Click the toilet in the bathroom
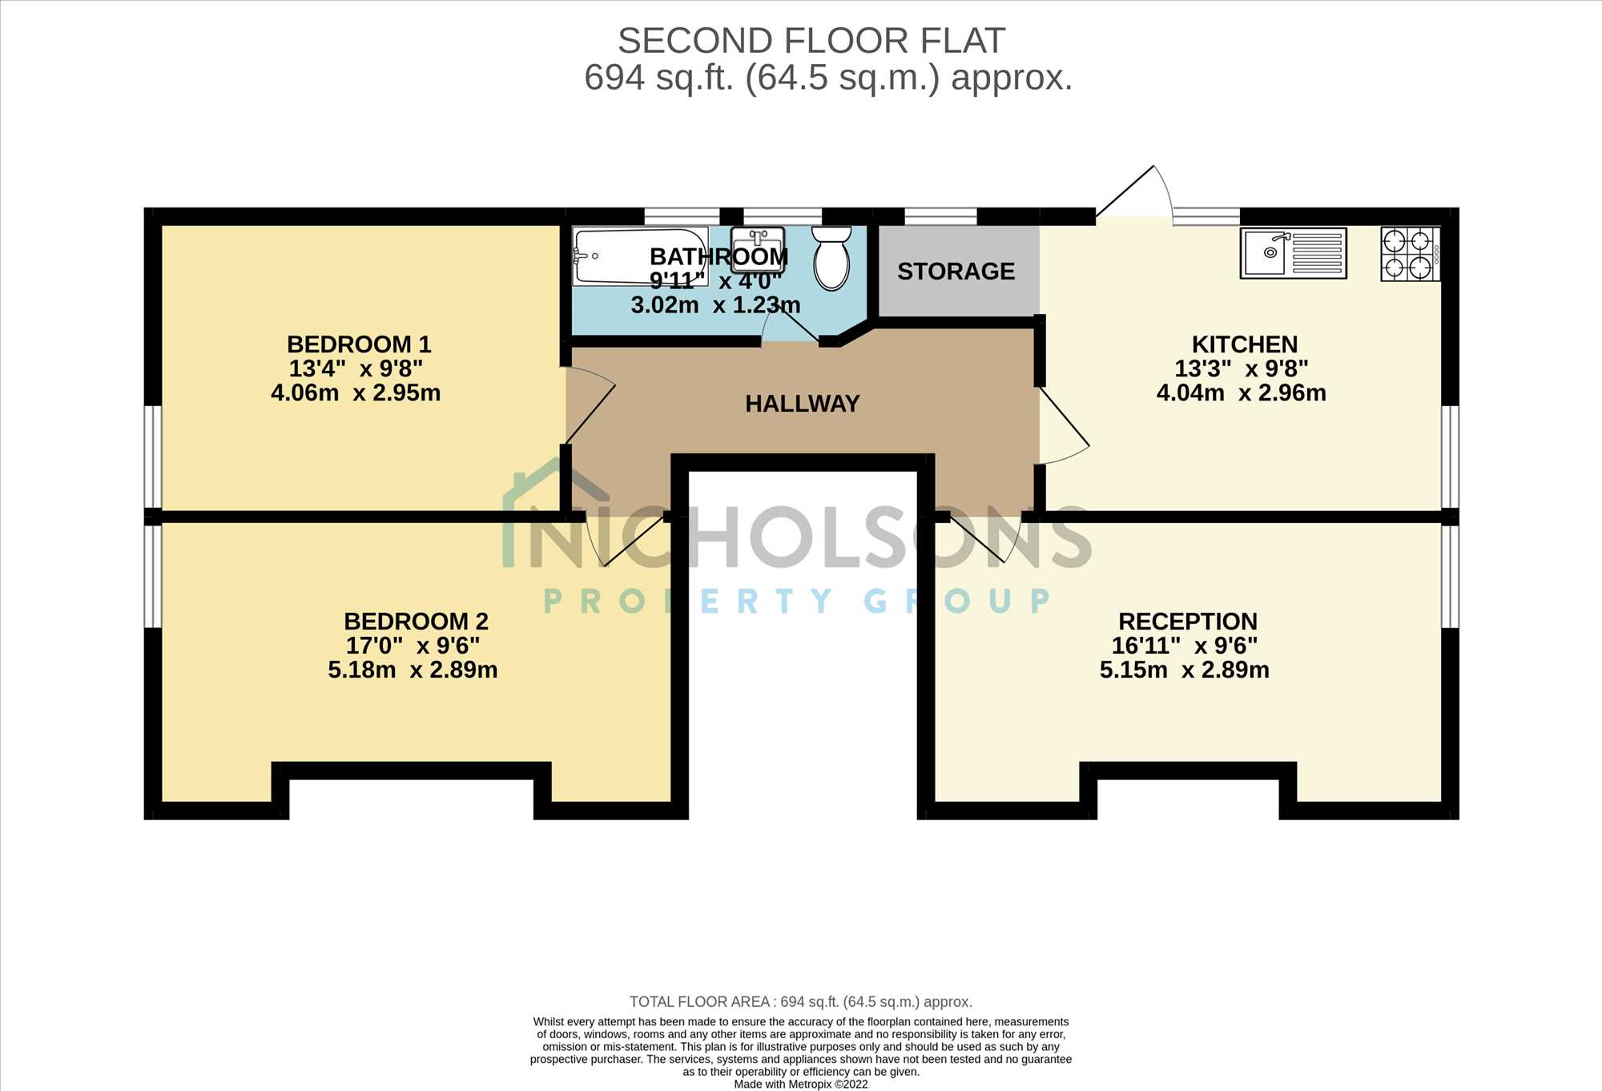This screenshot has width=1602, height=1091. click(x=831, y=257)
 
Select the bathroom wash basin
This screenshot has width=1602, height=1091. click(x=757, y=249)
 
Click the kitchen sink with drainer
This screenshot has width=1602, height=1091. click(x=1293, y=253)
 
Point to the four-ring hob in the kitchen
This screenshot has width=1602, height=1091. click(x=1411, y=254)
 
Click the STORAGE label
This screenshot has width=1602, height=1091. click(x=956, y=272)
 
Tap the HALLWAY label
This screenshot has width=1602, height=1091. click(x=802, y=404)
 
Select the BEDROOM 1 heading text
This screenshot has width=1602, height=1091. click(x=359, y=344)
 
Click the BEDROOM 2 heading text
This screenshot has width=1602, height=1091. click(x=416, y=622)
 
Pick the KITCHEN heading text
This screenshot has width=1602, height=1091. click(x=1245, y=344)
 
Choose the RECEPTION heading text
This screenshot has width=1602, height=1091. click(x=1188, y=622)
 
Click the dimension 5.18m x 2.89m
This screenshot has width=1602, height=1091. click(x=413, y=670)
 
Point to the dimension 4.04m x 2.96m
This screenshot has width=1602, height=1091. click(x=1242, y=393)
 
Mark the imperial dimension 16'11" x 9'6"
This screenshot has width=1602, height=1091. click(x=1185, y=646)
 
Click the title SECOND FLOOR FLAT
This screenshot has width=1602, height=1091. click(x=811, y=41)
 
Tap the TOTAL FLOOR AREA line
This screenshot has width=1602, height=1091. click(x=801, y=1002)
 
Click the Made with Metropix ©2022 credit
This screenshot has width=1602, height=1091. click(x=801, y=1085)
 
